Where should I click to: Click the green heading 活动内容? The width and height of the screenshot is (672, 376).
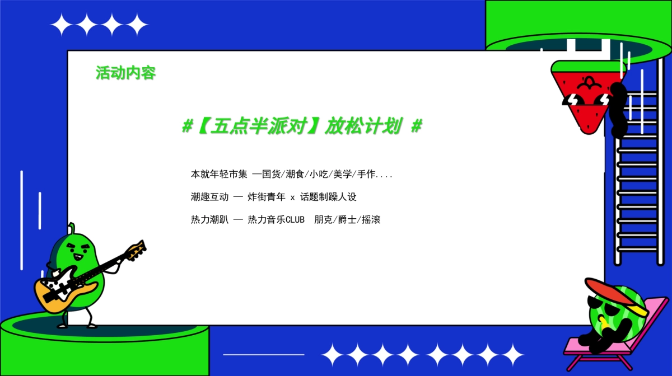coord(125,73)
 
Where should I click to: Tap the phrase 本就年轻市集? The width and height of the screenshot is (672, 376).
coord(219,175)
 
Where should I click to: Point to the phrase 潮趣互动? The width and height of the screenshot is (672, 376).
coord(209,197)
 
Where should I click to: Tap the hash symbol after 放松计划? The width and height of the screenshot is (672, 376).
coord(416,127)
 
